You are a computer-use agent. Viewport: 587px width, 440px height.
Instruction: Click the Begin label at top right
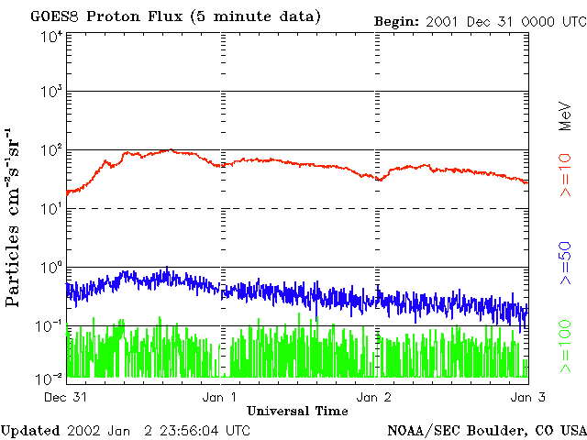[395, 20]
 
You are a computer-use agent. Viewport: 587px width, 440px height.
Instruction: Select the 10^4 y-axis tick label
[51, 36]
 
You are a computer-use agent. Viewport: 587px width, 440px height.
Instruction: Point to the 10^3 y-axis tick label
[51, 92]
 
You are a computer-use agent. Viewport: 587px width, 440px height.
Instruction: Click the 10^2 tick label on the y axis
[51, 149]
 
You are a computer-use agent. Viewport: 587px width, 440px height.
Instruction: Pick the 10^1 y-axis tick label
[51, 208]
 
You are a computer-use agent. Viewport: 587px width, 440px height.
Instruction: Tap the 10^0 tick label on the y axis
[51, 267]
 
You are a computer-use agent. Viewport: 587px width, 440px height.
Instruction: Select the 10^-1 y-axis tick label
[50, 325]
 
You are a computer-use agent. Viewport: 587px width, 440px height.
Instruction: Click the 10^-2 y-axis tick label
[50, 378]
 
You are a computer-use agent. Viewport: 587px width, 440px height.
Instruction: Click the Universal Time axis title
[297, 411]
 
